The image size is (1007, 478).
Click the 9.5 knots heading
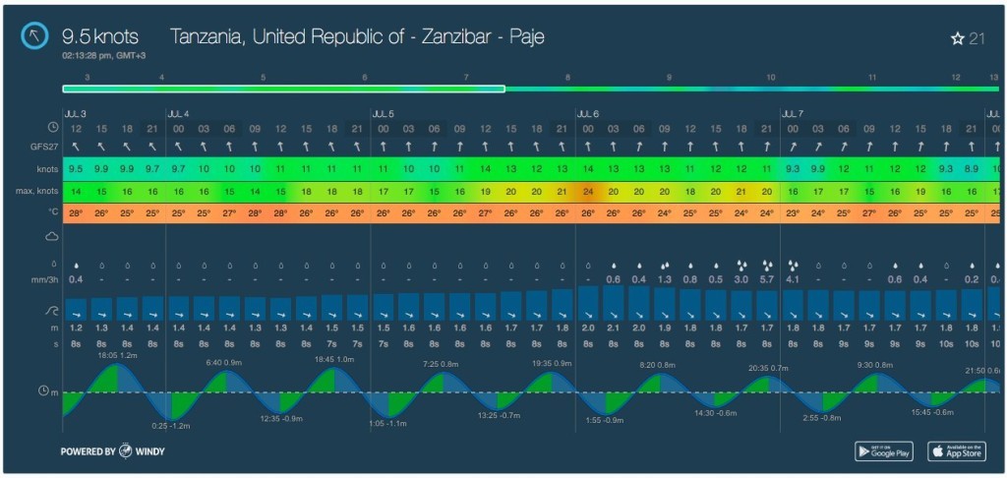(x=99, y=36)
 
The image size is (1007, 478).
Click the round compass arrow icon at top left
(x=36, y=37)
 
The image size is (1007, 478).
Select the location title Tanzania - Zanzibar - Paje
(x=357, y=36)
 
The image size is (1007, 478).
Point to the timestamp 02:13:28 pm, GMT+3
(x=109, y=56)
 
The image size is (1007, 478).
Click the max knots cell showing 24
(x=588, y=191)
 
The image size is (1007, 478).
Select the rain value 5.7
(x=767, y=279)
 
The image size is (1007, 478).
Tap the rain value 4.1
(x=793, y=279)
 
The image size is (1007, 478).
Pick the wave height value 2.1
(x=614, y=328)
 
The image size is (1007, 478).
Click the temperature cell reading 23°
(x=793, y=212)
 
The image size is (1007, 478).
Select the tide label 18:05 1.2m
(x=117, y=355)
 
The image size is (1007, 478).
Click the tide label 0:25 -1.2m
(x=172, y=426)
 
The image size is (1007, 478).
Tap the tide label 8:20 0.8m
(x=658, y=365)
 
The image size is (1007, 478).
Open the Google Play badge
(x=884, y=450)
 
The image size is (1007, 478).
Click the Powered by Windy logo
(x=110, y=451)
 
